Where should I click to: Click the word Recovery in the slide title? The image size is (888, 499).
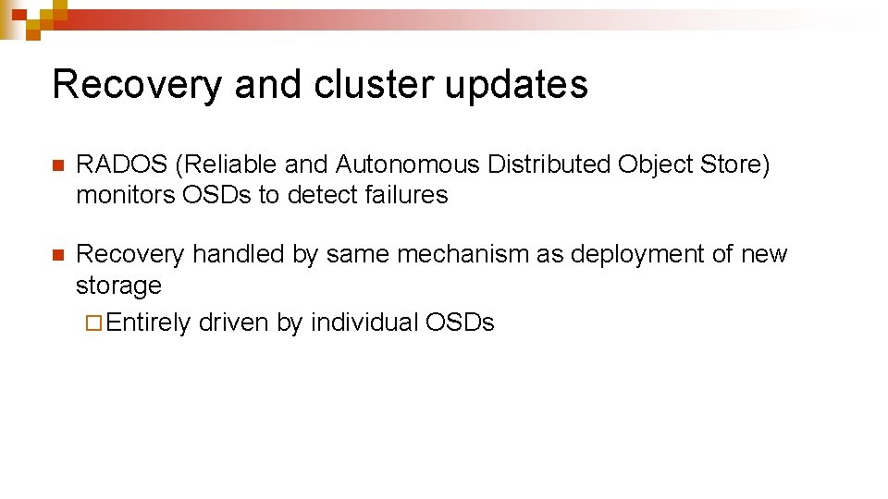pyautogui.click(x=138, y=85)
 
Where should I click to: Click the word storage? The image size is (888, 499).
pyautogui.click(x=118, y=286)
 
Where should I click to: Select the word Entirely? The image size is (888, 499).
pyautogui.click(x=148, y=323)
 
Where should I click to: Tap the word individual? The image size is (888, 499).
pyautogui.click(x=364, y=323)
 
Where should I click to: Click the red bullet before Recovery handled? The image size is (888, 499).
pyautogui.click(x=57, y=255)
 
